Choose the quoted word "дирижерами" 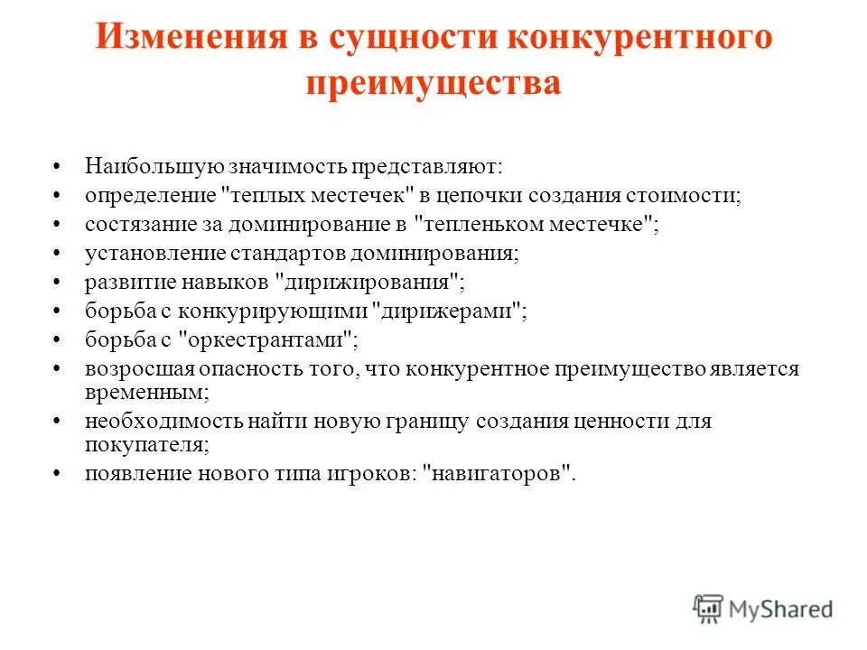click(x=450, y=311)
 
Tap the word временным click(x=145, y=394)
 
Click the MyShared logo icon click(x=709, y=609)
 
